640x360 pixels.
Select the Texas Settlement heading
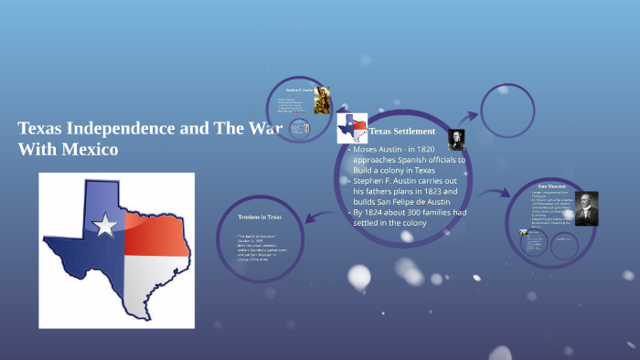pos(402,132)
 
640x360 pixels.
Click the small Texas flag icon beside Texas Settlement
pos(352,129)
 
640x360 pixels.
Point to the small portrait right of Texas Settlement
pos(456,139)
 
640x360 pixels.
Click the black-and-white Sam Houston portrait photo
pos(586,208)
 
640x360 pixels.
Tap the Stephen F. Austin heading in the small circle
pos(299,91)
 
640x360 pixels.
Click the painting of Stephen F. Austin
pos(322,101)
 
